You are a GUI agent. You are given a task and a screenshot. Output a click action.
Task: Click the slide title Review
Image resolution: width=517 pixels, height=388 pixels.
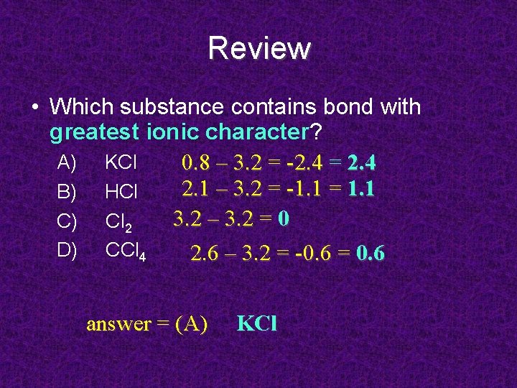pos(259,49)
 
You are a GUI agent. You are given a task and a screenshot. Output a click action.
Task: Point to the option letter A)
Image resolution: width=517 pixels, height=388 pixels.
pos(67,162)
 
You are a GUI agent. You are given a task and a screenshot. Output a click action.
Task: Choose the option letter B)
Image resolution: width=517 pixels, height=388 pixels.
pos(67,192)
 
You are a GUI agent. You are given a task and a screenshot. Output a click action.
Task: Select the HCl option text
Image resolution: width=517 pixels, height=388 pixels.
pos(121,192)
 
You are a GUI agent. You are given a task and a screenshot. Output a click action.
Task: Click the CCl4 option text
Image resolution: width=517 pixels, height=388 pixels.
pos(126,251)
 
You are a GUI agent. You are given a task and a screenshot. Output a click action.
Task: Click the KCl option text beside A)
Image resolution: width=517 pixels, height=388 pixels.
pos(121,162)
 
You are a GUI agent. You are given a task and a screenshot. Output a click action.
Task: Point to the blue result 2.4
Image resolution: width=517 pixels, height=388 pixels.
pos(361,164)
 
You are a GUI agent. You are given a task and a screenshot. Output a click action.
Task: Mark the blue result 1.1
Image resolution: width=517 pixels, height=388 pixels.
pos(361,190)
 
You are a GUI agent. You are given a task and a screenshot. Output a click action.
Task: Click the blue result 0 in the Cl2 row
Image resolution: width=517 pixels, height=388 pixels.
pos(284,218)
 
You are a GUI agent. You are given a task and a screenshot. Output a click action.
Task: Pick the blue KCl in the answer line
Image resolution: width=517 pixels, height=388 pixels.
pos(256,324)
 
